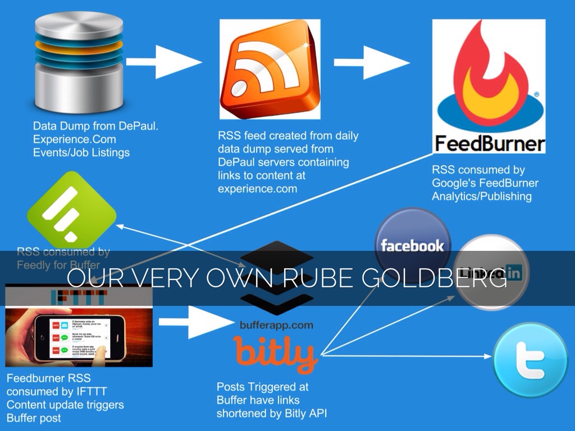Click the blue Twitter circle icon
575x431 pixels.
coord(530,352)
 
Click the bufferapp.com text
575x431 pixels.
coord(275,325)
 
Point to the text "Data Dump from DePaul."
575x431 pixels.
coord(95,126)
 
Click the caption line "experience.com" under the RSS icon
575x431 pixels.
coord(257,189)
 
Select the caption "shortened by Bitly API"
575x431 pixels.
coord(272,413)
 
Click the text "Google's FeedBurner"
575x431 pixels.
coord(485,183)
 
